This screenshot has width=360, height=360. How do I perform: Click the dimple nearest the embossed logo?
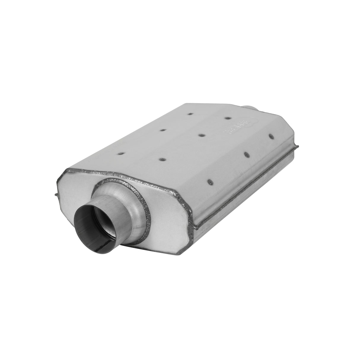227,118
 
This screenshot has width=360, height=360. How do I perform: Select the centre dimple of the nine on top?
201,135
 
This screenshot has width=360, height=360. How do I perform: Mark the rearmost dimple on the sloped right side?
270,137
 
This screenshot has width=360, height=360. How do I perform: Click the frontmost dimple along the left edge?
121,153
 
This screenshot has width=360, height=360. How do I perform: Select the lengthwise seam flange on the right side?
243,187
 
